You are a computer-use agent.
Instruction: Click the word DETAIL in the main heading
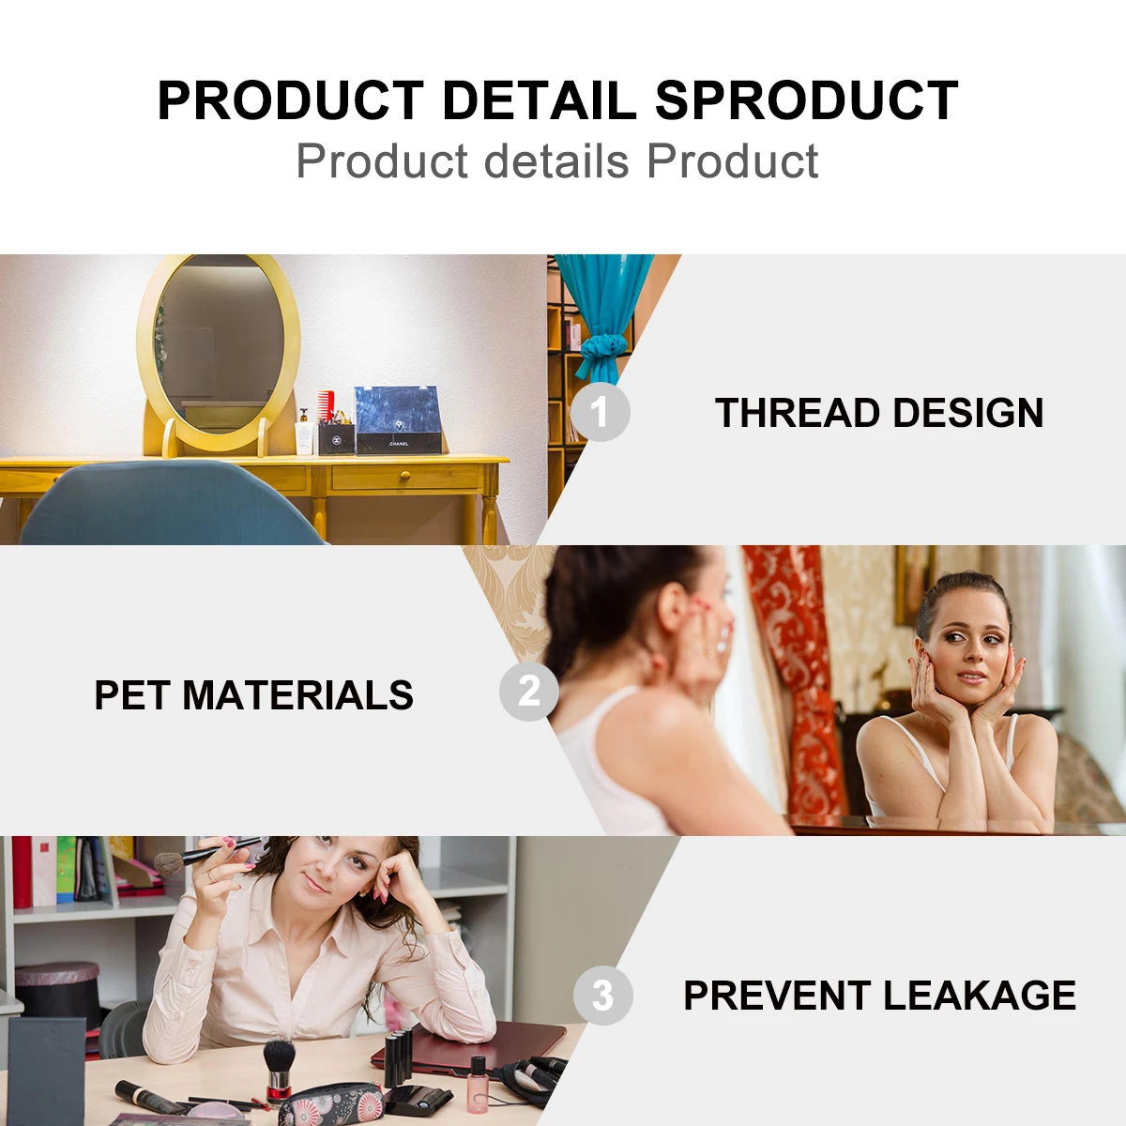click(x=540, y=100)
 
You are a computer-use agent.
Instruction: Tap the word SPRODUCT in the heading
click(x=806, y=100)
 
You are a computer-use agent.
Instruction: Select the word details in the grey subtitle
click(x=556, y=160)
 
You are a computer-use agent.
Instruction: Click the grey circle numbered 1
click(x=601, y=411)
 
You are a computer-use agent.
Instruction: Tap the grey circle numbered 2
click(x=529, y=692)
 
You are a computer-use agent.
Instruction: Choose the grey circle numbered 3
click(x=603, y=996)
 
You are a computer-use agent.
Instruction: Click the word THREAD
click(x=799, y=413)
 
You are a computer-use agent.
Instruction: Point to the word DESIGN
click(x=968, y=413)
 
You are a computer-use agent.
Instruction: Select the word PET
click(x=131, y=695)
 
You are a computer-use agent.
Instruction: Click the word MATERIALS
click(x=298, y=695)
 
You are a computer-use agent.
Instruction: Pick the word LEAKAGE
click(x=980, y=996)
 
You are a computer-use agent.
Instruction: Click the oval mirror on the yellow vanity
click(x=219, y=351)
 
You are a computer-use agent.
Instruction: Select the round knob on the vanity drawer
click(x=405, y=478)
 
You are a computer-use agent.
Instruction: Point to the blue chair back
click(x=170, y=504)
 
